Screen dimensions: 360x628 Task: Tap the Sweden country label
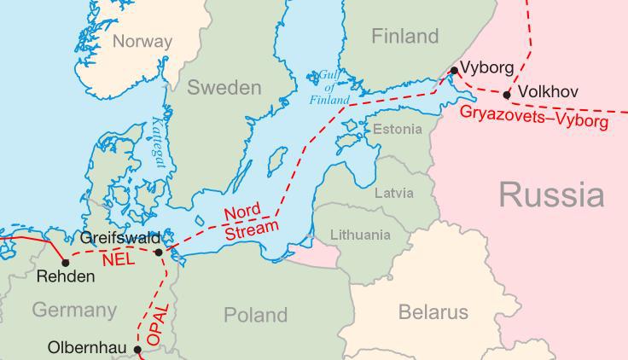click(224, 88)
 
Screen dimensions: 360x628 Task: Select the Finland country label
click(405, 37)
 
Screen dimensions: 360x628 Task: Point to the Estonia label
click(398, 130)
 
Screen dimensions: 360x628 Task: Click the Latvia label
click(394, 193)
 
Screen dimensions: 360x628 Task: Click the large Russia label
click(551, 195)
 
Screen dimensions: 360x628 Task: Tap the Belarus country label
click(433, 312)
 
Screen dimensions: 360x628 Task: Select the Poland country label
click(255, 315)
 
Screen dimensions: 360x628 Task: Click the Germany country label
click(74, 310)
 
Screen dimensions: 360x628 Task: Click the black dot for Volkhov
click(508, 95)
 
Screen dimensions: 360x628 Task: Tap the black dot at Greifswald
click(159, 252)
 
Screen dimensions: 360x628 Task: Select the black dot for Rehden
click(66, 263)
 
